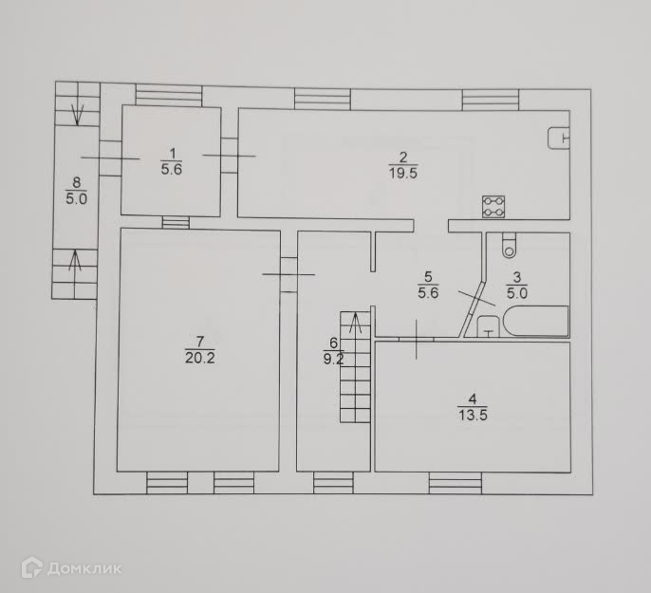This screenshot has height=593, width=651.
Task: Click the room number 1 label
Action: coord(172,153)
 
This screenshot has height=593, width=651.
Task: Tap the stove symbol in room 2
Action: coord(493,206)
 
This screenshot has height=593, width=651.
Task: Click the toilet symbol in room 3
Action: coord(509,246)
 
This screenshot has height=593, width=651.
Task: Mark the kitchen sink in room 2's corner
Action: coord(559,139)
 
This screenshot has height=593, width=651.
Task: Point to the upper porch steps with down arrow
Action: coord(76,105)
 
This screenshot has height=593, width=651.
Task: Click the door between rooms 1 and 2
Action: coord(230,154)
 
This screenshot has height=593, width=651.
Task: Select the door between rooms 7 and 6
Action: coord(288,274)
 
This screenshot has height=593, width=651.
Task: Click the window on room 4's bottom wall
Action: coord(456,484)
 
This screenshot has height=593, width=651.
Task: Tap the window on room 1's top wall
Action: coord(168,95)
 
